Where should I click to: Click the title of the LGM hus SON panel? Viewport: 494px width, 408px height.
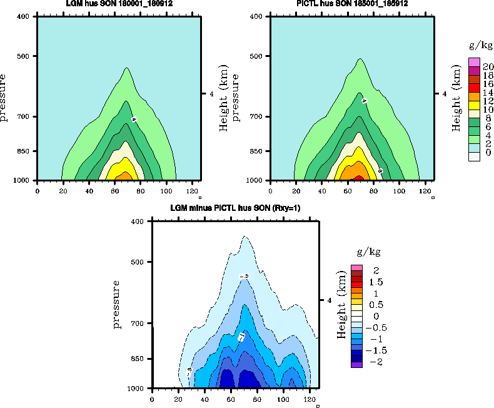coord(119,4)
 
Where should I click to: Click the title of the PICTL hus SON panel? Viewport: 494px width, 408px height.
coord(352,4)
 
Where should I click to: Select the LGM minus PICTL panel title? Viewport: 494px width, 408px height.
coord(236,208)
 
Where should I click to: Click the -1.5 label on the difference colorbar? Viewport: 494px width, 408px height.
coord(375,350)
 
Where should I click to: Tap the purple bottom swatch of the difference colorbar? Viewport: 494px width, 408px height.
coord(356,364)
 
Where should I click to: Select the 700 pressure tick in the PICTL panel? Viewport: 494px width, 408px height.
coord(259,117)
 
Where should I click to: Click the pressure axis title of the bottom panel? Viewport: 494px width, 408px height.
coord(117,305)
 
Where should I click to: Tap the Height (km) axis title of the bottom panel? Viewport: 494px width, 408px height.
coord(341,305)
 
